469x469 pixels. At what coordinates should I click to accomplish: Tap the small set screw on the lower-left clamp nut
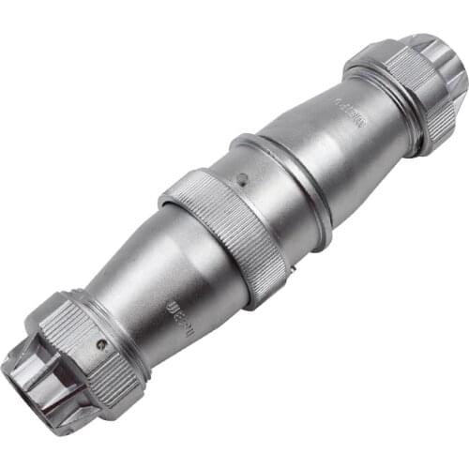coord(100,345)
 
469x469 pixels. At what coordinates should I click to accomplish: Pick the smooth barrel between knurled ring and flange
coord(258,202)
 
